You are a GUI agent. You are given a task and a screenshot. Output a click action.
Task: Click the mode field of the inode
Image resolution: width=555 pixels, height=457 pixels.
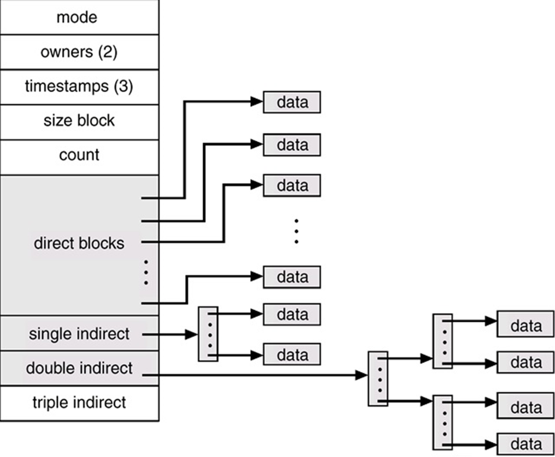79,17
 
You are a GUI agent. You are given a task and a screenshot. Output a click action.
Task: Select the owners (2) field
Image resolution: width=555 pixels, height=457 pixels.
79,52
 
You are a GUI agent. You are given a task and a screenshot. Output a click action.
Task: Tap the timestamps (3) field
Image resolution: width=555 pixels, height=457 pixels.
79,87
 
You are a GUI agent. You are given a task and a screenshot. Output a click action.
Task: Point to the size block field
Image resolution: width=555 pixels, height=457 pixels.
79,121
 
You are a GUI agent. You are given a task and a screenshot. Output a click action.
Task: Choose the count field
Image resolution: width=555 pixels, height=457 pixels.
79,155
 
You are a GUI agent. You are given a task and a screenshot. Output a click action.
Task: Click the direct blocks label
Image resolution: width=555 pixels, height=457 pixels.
79,243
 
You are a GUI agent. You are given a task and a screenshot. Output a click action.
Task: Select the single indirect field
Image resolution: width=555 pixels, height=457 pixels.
79,333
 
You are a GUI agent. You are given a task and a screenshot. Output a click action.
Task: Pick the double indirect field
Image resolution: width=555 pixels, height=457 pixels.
79,368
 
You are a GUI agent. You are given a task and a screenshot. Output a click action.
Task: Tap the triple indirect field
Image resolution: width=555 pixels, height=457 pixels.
79,403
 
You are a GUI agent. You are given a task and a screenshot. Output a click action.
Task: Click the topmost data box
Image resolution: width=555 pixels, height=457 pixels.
292,103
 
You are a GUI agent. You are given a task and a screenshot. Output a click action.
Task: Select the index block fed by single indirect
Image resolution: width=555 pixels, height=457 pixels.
208,334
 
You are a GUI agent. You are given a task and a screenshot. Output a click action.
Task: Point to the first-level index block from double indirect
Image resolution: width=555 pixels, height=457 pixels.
377,378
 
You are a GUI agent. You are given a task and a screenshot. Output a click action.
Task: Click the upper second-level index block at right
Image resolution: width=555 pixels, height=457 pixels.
442,341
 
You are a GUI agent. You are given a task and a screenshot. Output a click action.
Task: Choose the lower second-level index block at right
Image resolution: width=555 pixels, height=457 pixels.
442,421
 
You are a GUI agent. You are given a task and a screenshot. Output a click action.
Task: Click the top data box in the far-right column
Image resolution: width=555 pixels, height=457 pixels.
526,326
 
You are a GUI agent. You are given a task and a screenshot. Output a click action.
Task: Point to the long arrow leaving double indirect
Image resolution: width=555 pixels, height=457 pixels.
257,375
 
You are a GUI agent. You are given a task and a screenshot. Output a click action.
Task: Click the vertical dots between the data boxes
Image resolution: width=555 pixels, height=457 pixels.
296,231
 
